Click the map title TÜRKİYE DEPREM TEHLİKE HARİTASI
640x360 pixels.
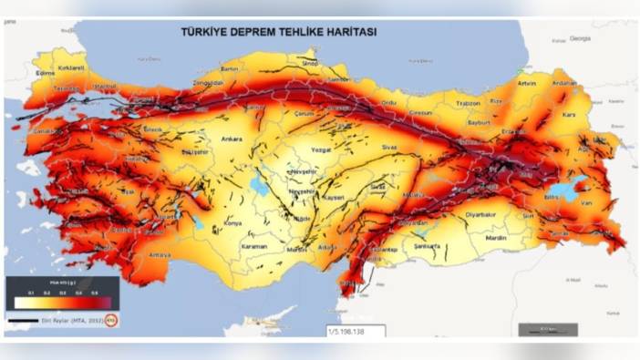(279, 31)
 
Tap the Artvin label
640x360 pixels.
(526, 84)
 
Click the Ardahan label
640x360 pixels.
(564, 83)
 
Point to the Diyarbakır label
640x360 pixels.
(479, 215)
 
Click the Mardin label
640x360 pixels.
(496, 237)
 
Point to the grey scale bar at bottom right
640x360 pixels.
(548, 329)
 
